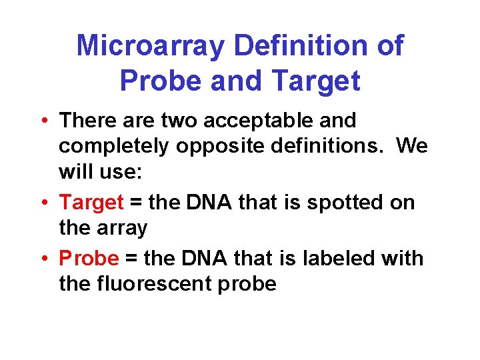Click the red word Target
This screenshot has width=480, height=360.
point(91,201)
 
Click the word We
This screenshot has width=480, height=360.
point(412,146)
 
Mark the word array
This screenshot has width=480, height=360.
point(122,228)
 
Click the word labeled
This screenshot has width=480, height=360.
point(341,257)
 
